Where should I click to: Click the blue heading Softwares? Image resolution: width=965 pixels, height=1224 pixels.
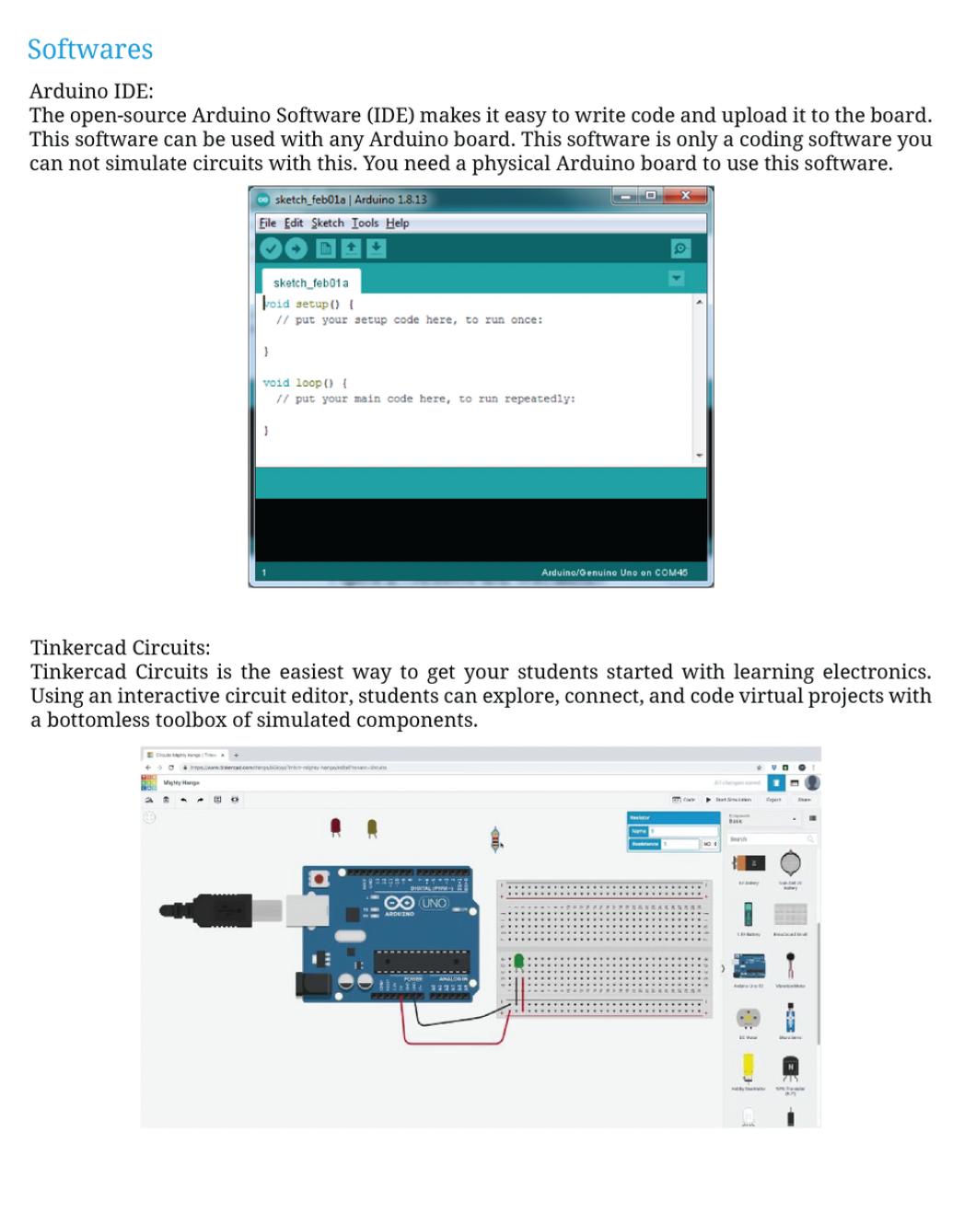point(90,50)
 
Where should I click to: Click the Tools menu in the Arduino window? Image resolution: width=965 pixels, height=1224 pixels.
point(365,223)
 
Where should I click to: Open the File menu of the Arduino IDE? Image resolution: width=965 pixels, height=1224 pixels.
point(267,223)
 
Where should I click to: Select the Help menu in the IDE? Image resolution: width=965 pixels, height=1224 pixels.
point(398,223)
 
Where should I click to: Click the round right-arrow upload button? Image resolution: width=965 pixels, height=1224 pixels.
point(296,248)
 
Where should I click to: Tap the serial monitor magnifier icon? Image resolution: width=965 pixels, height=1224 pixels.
point(680,248)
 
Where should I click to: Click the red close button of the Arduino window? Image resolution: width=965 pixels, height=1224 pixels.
point(686,196)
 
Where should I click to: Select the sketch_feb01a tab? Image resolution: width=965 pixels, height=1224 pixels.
point(310,283)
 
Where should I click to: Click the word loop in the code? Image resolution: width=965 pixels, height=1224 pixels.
point(308,383)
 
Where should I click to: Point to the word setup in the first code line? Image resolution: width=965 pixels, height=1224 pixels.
point(311,304)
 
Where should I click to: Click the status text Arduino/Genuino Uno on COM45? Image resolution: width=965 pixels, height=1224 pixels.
point(614,572)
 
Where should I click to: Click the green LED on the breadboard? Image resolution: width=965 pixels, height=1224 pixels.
point(518,963)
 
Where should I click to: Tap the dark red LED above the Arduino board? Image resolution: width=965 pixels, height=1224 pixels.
point(336,826)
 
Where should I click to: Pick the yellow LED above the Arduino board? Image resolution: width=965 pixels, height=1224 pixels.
point(372,826)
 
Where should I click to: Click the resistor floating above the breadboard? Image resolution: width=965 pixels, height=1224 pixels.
point(497,838)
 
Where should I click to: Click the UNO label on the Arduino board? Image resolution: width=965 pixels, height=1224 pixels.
point(433,903)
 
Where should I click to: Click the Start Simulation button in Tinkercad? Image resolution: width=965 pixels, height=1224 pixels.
point(729,800)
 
